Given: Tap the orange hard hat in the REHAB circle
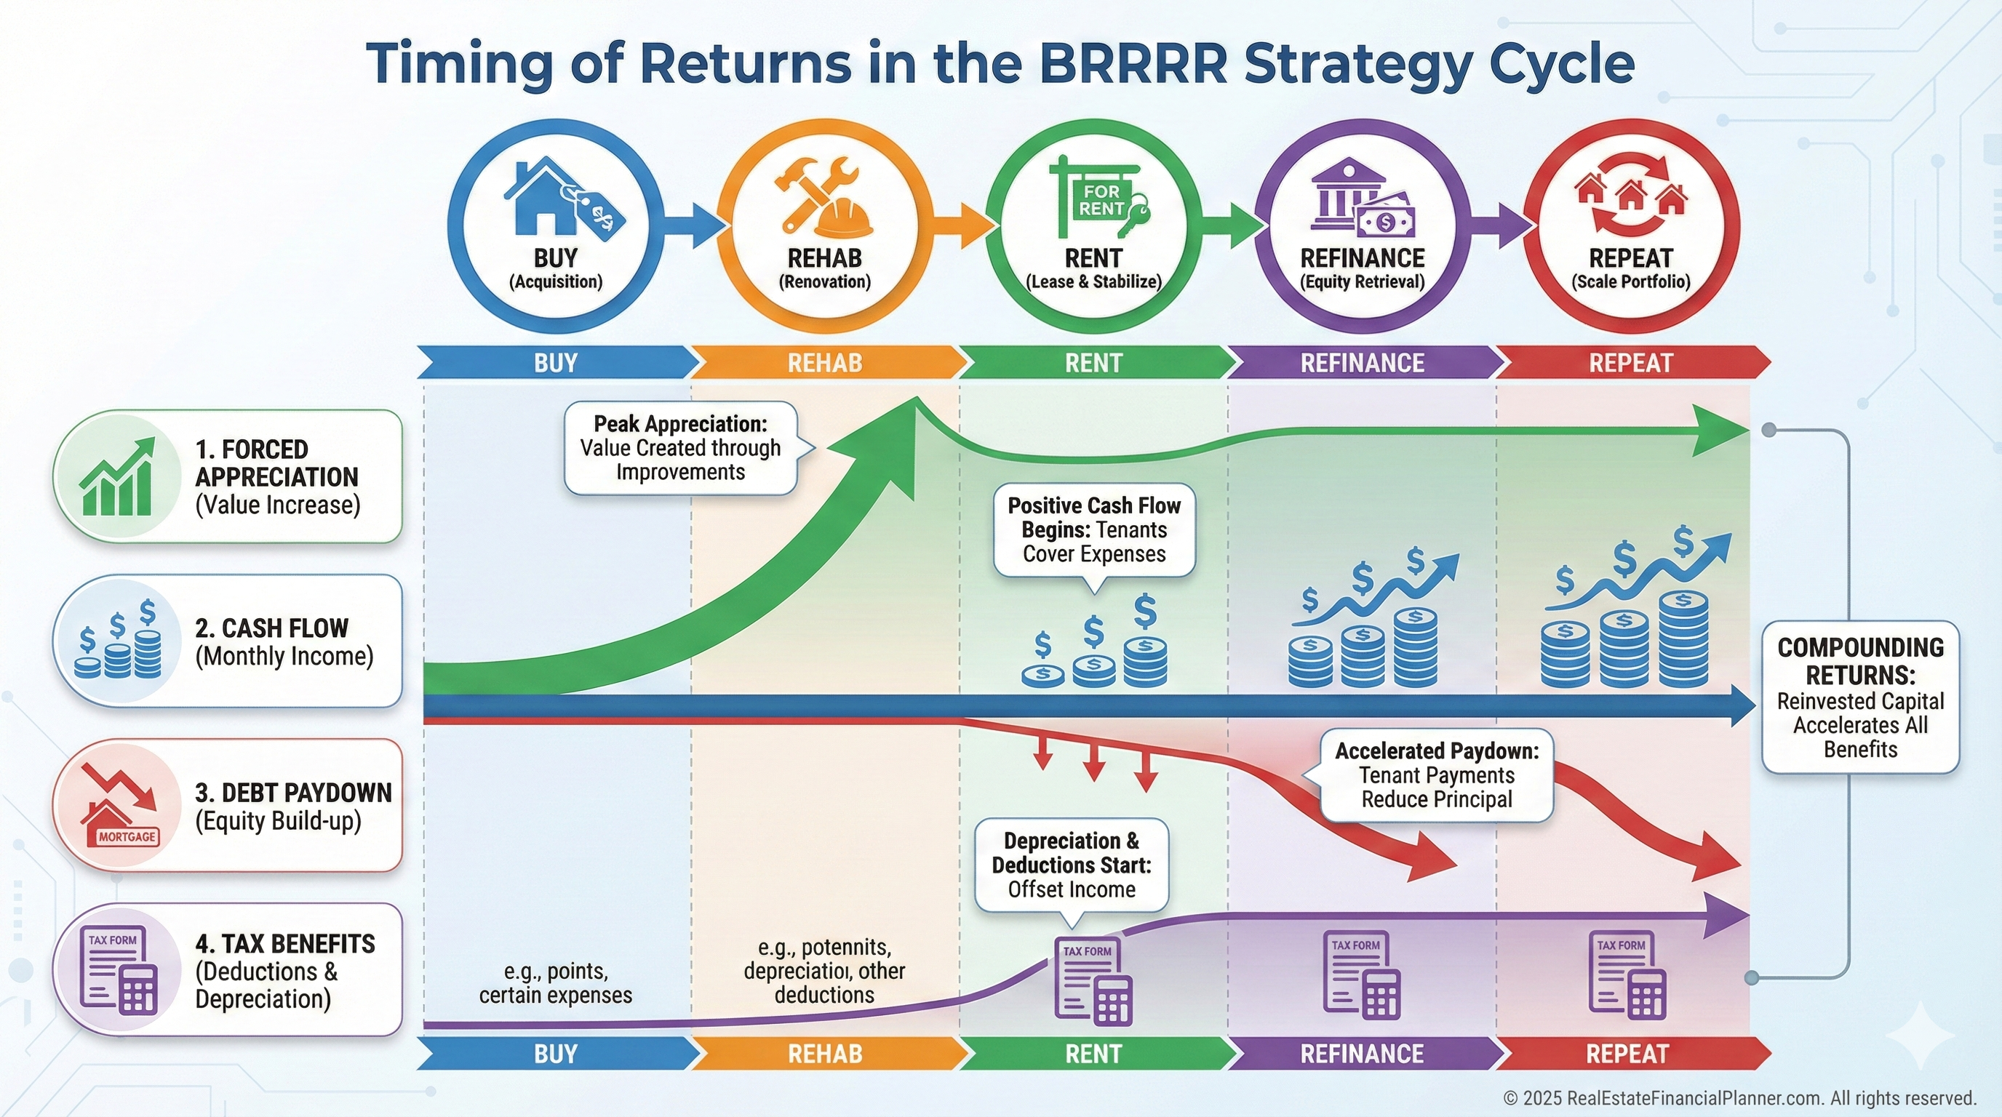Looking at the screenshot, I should coord(842,217).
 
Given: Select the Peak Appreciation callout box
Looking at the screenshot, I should coord(681,448).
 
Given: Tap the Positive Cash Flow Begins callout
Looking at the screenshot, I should coord(1093,531).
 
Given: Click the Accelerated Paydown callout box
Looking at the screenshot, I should coord(1436,775).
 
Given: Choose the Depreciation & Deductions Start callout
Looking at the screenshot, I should coord(1071,865).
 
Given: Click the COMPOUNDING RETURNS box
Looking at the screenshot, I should coord(1859,697).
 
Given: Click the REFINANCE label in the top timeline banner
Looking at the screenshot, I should coord(1362,363).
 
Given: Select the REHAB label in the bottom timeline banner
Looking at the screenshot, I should coord(824,1054).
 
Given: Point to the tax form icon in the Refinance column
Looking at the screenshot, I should coord(1361,975).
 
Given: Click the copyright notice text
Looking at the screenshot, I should coord(1739,1098).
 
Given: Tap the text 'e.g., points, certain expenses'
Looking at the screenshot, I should coord(555,983).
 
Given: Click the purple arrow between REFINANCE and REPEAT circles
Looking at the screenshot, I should coord(1504,225).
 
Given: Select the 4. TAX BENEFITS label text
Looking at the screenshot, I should coord(284,944).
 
